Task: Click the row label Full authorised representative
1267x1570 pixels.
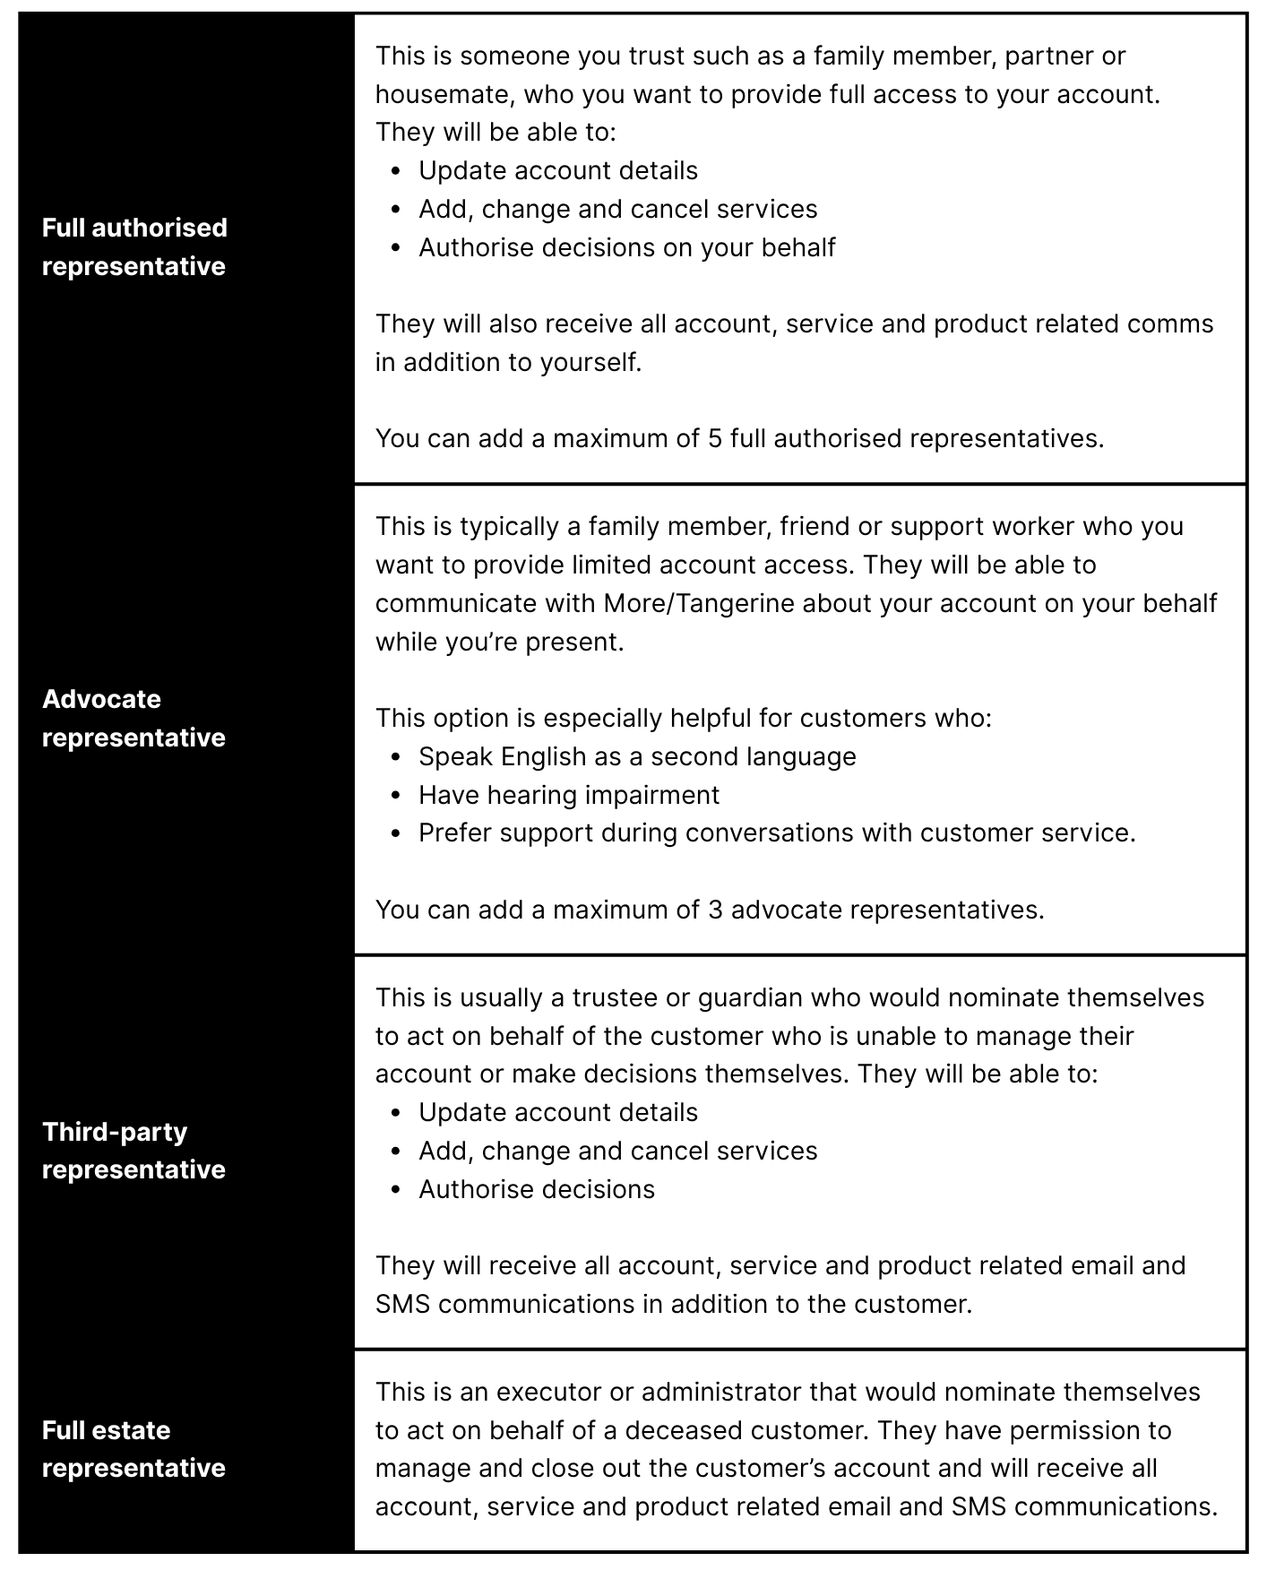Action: (x=134, y=246)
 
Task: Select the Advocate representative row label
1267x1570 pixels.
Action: (x=134, y=718)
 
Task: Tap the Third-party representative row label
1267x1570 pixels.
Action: (x=134, y=1151)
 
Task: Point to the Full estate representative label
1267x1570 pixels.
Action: (x=134, y=1449)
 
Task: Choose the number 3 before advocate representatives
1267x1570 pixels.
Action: (x=715, y=910)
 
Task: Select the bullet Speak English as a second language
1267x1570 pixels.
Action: (x=637, y=756)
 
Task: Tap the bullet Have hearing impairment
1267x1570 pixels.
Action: (x=569, y=795)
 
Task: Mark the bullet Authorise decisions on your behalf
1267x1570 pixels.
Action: (x=626, y=247)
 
